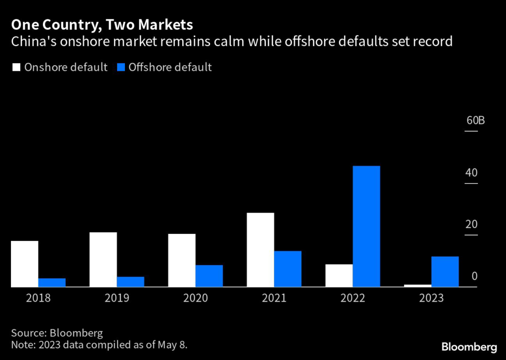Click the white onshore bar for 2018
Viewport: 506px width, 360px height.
[24, 264]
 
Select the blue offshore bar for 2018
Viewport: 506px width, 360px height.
[52, 282]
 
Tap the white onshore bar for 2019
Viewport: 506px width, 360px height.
[103, 259]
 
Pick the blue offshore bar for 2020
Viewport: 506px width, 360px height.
[209, 276]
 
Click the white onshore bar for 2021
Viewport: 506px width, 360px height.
[260, 250]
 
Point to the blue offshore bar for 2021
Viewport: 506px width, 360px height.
[288, 269]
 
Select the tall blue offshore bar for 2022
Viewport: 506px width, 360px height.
[366, 226]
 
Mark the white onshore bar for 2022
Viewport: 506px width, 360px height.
[339, 275]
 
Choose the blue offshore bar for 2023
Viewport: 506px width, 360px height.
[445, 271]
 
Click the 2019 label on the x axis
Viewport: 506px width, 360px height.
[117, 298]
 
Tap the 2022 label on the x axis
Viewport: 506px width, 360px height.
[352, 298]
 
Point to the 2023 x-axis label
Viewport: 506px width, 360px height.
[431, 298]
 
